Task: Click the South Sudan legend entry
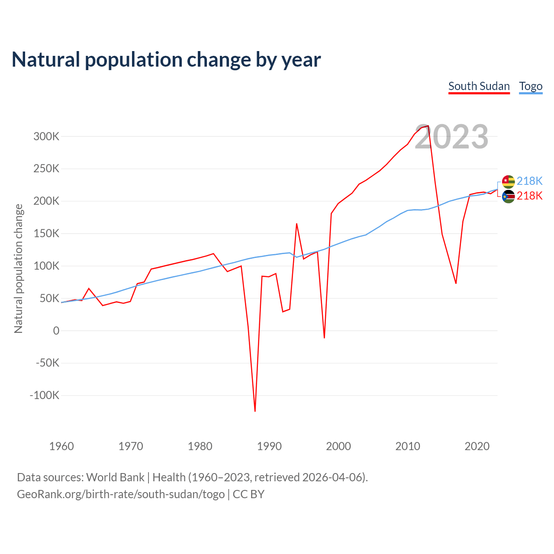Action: [479, 86]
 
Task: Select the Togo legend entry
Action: [531, 86]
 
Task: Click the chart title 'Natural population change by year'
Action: [166, 60]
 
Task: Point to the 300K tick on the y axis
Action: [46, 136]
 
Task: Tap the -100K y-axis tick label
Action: [44, 395]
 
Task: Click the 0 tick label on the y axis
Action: [56, 331]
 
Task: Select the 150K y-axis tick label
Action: [46, 234]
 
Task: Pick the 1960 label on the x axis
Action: [61, 446]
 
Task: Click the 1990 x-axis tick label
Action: [269, 446]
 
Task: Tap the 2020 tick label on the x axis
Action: [477, 446]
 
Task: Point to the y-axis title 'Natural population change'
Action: [18, 268]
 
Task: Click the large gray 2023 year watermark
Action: [451, 137]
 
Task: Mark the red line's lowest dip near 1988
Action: [255, 411]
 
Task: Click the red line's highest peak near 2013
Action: [428, 126]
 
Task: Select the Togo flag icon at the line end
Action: [508, 181]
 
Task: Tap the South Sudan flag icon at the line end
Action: [508, 196]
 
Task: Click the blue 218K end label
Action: [529, 181]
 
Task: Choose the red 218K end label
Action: [529, 196]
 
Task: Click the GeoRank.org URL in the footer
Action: [121, 494]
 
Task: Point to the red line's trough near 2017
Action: [456, 283]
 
